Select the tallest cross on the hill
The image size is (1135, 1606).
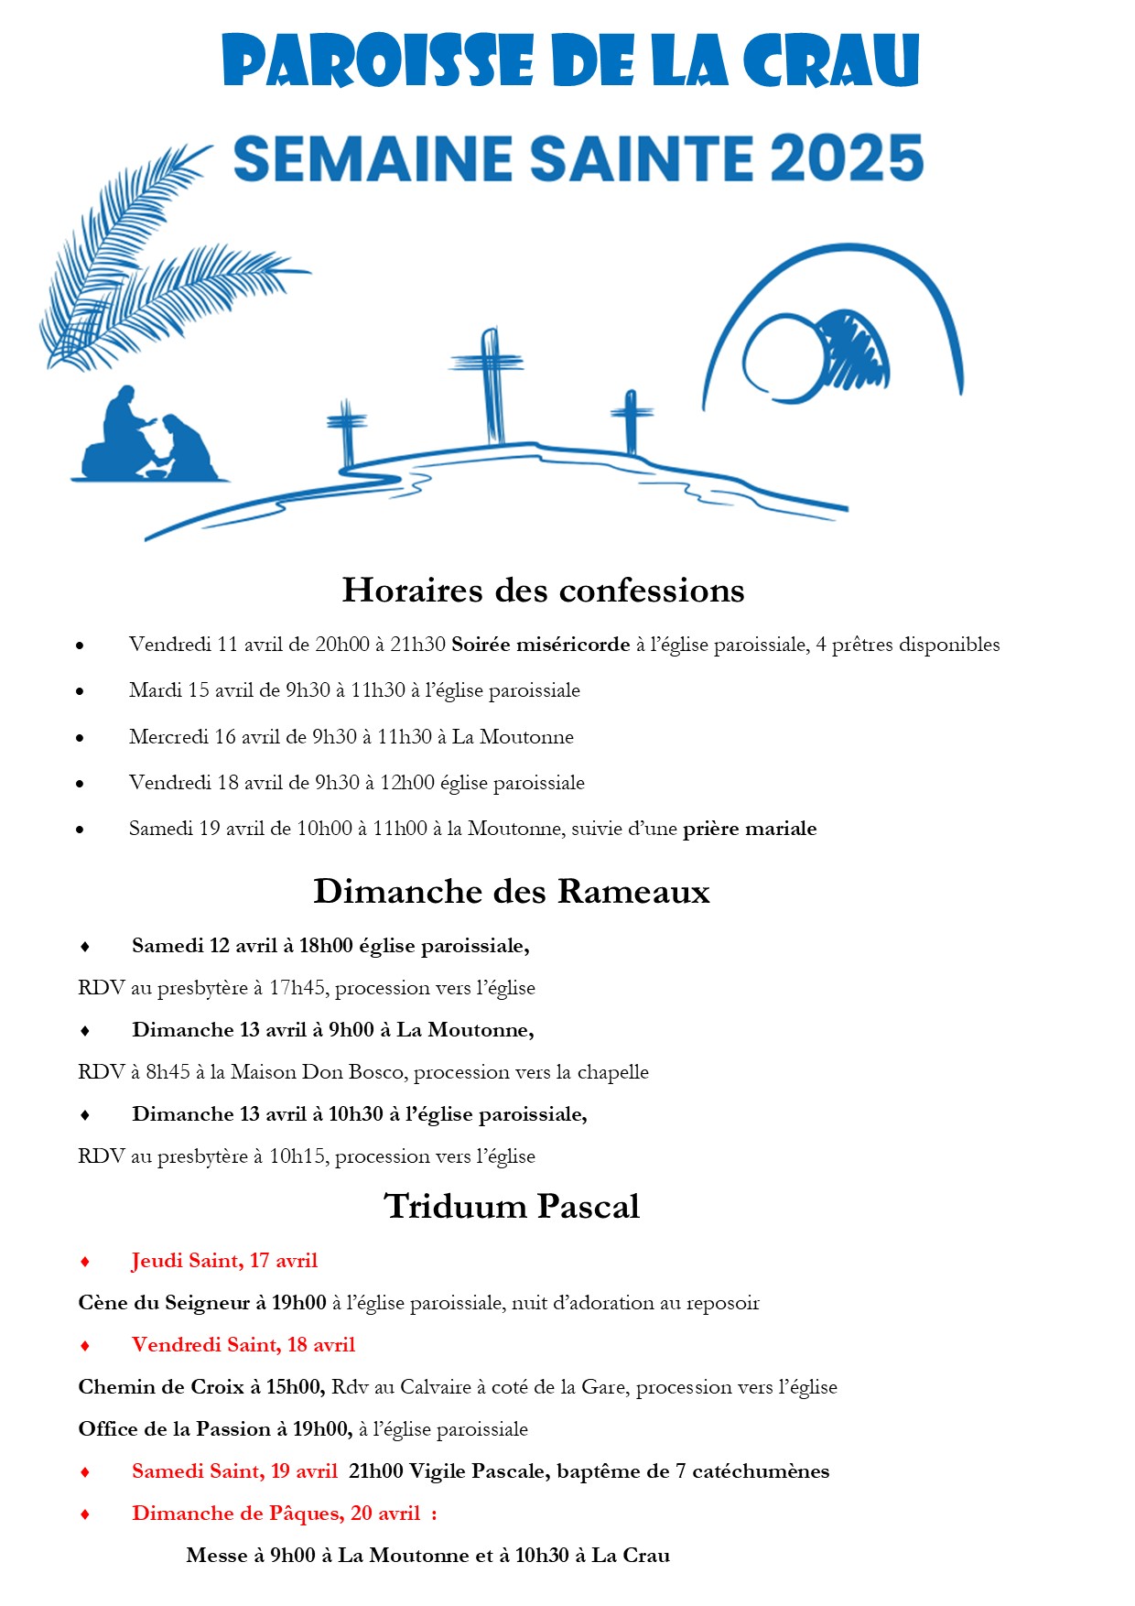(x=491, y=385)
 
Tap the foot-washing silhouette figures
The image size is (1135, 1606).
(x=151, y=436)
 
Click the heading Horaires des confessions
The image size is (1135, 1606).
(x=543, y=591)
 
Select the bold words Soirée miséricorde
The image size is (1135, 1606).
(x=540, y=645)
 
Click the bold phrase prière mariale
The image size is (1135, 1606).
(x=750, y=829)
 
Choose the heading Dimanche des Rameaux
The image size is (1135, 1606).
(x=512, y=892)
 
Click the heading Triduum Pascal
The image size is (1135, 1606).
(x=512, y=1207)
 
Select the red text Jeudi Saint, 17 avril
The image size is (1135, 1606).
(x=224, y=1261)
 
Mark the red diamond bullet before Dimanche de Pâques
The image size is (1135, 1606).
(x=85, y=1514)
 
